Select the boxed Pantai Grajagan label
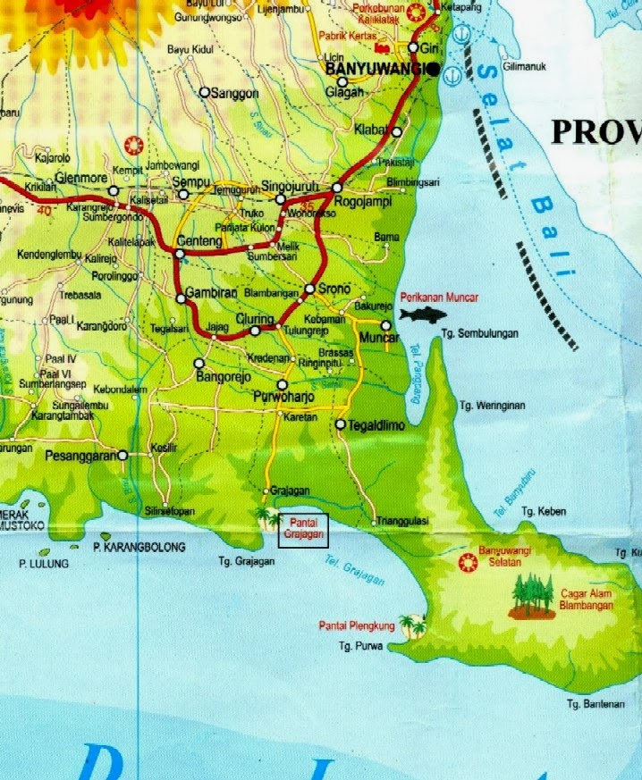[303, 530]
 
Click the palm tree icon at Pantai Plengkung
[412, 625]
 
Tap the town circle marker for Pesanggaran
[122, 455]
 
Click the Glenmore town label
[81, 178]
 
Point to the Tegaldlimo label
[377, 426]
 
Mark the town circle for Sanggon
[205, 92]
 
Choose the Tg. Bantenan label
[595, 704]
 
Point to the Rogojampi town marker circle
[337, 188]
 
